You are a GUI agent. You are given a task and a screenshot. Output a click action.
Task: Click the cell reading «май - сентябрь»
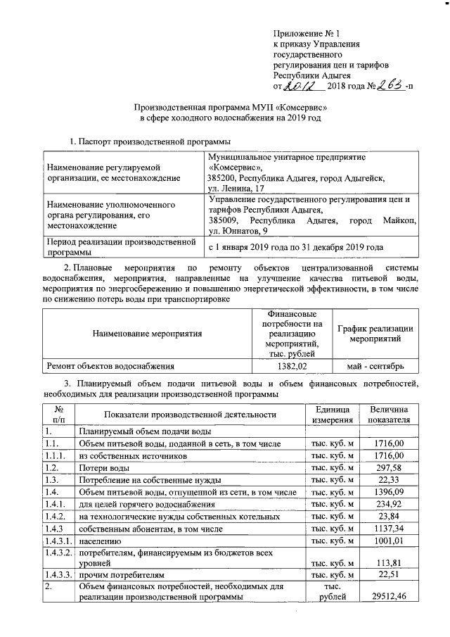coord(375,366)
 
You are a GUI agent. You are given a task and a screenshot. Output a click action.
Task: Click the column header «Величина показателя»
coord(388,415)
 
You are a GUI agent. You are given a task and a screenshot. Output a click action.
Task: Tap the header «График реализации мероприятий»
coord(375,334)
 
